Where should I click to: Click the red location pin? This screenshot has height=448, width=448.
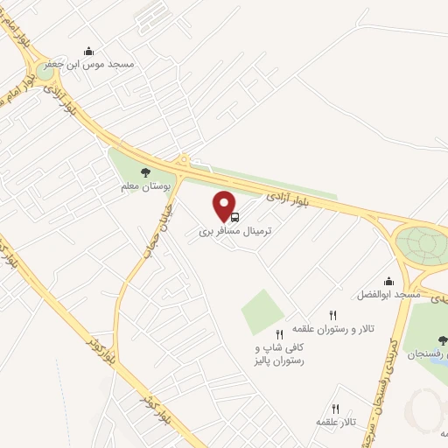[226, 205]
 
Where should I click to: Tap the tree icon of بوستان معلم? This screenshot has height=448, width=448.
[145, 173]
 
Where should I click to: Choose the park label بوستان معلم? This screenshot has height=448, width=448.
[143, 186]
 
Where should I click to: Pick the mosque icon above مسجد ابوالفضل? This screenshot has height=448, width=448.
[388, 282]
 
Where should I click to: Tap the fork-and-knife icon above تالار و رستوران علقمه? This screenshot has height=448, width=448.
[332, 315]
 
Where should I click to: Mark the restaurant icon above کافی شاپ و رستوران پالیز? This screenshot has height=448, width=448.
[279, 333]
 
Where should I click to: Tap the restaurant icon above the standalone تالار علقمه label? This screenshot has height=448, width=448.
[335, 409]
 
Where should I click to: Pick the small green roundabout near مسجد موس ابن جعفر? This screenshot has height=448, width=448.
[44, 72]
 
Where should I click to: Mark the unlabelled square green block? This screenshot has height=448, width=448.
[262, 311]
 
